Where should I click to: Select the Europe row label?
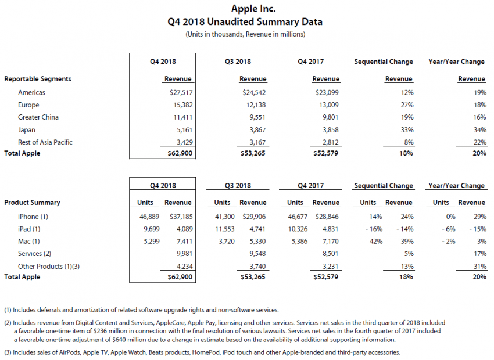pos(28,105)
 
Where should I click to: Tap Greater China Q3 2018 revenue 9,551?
pos(256,117)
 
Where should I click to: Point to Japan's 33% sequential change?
pos(406,130)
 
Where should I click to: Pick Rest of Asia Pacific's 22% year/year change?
pos(478,142)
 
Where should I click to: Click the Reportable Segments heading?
pos(38,79)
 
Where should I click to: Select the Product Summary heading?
pos(32,203)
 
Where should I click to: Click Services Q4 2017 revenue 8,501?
pos(328,254)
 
